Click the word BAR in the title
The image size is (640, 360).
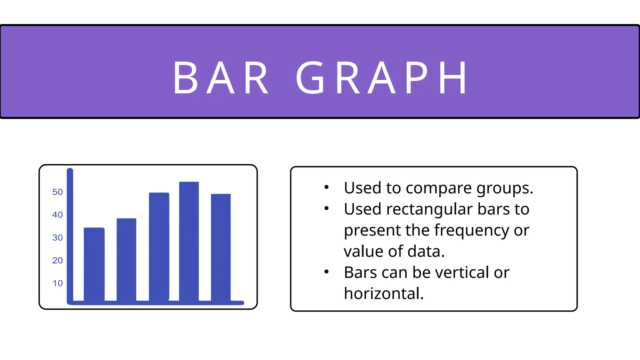click(221, 77)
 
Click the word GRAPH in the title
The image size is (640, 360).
click(381, 77)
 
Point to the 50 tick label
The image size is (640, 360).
click(57, 192)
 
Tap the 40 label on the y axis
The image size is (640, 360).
click(57, 215)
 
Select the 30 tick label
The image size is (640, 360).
click(57, 237)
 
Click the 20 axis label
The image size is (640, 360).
click(57, 260)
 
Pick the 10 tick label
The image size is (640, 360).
click(57, 283)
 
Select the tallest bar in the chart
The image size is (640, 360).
click(189, 241)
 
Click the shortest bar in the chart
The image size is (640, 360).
click(94, 264)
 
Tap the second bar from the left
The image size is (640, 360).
click(126, 259)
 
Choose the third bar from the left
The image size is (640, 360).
click(159, 247)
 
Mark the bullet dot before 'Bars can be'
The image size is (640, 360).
click(327, 272)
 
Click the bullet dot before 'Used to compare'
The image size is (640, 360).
click(327, 187)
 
